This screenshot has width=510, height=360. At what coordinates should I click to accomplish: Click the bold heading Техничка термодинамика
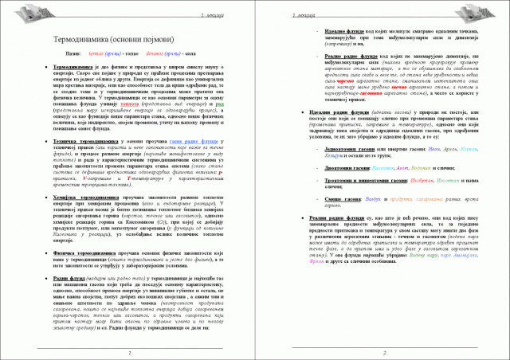pyautogui.click(x=83, y=141)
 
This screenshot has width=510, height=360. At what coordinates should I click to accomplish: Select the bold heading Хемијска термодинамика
pyautogui.click(x=84, y=196)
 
